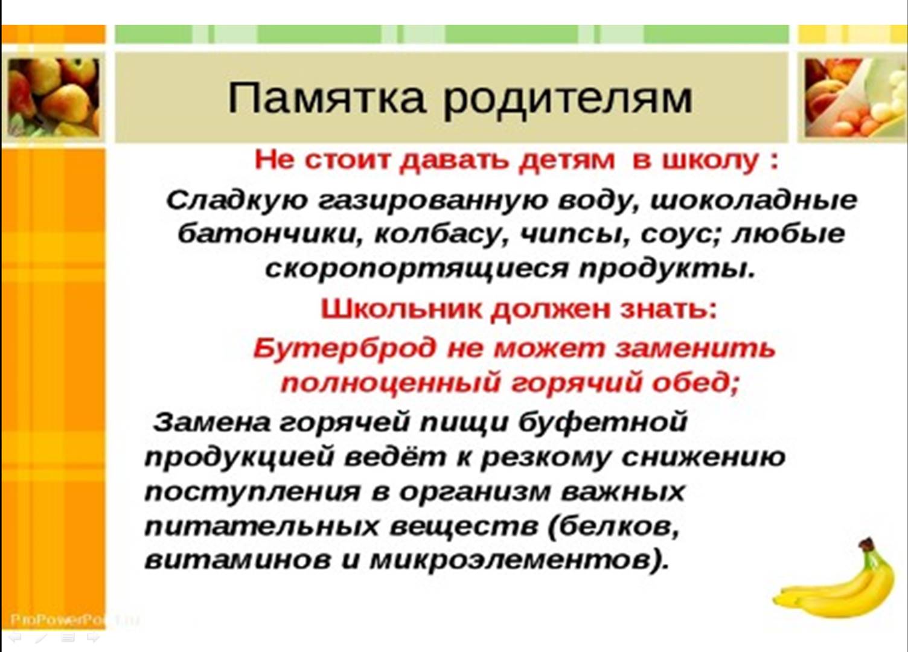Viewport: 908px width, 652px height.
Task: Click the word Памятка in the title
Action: point(327,98)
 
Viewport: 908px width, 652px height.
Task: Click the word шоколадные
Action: point(754,200)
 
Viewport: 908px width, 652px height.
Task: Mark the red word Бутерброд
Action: point(346,348)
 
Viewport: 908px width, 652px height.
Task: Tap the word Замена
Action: point(211,423)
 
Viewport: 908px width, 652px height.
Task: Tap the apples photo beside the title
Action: point(54,98)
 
